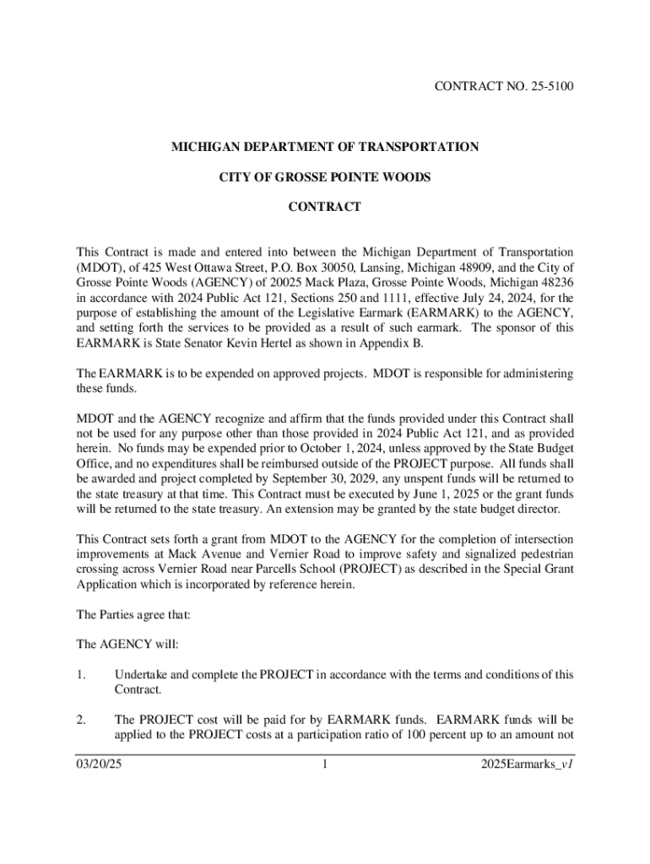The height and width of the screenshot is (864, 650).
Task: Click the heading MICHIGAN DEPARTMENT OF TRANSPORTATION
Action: (325, 147)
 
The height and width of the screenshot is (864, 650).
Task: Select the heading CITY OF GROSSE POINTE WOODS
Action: (325, 177)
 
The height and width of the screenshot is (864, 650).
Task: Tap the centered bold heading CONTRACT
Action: (325, 207)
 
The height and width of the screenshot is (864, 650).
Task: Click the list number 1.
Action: (80, 675)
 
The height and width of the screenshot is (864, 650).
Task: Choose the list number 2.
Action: (80, 720)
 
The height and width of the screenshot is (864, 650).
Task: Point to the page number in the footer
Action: (325, 766)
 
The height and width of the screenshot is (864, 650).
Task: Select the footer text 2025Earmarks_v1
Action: (528, 766)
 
